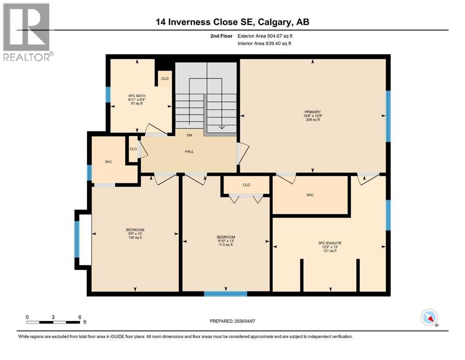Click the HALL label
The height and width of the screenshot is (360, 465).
coord(189,151)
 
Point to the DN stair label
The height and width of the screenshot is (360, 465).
coord(190,135)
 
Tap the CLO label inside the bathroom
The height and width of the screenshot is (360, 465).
coord(165,79)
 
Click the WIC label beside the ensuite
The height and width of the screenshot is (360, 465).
coord(310,195)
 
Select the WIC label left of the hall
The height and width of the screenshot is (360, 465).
coord(109,162)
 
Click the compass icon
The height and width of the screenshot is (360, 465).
coord(429,317)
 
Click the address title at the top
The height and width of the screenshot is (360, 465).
coord(232,22)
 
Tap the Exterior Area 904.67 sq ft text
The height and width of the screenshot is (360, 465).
coord(265,36)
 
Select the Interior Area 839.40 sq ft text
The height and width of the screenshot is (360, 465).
coord(264,43)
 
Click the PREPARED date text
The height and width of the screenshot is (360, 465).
coord(232,321)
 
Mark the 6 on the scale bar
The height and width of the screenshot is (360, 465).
coord(80,317)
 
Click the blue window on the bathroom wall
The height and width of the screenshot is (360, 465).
coord(108,95)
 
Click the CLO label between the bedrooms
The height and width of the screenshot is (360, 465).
coord(246,185)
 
